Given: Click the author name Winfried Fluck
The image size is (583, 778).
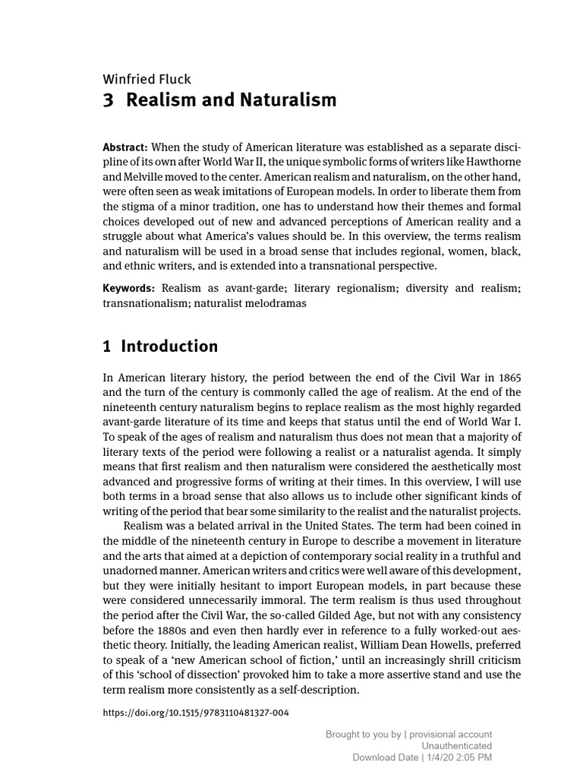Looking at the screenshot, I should [147, 79].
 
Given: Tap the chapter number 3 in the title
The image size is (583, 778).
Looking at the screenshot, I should [107, 100].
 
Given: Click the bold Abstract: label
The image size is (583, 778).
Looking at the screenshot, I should [125, 147].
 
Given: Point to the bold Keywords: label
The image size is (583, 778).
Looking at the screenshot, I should [129, 288].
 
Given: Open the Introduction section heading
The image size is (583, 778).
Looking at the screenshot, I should [169, 346].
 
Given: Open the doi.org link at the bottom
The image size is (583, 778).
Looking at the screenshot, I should [195, 713].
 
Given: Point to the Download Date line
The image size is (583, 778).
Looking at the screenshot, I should [422, 757].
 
